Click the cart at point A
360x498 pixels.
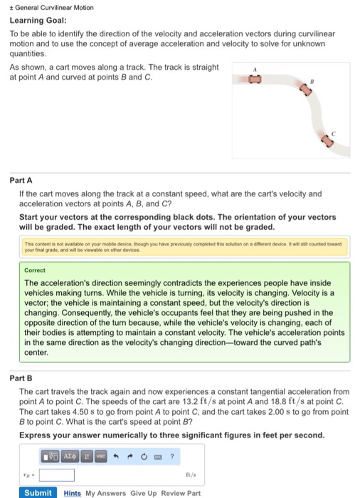pyautogui.click(x=253, y=80)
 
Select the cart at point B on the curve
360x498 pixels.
pyautogui.click(x=307, y=90)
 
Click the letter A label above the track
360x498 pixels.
pyautogui.click(x=254, y=65)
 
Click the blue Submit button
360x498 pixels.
pyautogui.click(x=38, y=492)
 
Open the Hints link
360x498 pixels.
pyautogui.click(x=72, y=492)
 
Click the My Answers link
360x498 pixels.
pyautogui.click(x=105, y=492)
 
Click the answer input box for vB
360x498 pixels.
pyautogui.click(x=56, y=474)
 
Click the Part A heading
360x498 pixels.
pyautogui.click(x=21, y=181)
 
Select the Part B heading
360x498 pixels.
pyautogui.click(x=21, y=378)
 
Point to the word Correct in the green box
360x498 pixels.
pyautogui.click(x=35, y=271)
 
